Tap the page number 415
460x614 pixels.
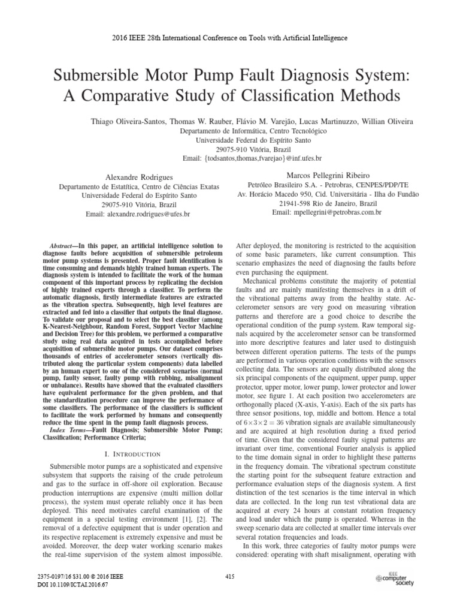(x=229, y=576)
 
